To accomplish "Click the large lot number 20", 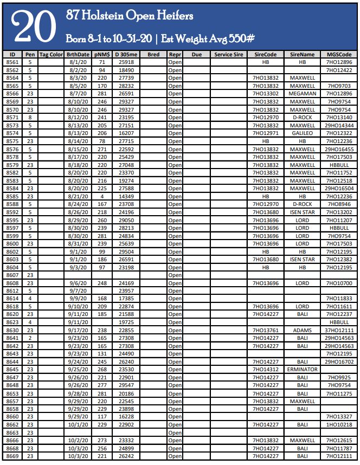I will pos(34,26).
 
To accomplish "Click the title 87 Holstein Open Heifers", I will pos(129,16).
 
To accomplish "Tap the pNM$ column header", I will pos(102,55).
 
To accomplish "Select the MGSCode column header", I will pos(339,55).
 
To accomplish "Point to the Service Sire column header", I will pos(229,55).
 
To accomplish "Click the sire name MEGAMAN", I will pos(302,94).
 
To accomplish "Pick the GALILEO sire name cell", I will pos(302,133).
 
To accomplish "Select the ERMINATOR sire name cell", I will pos(302,370).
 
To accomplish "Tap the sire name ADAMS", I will pos(302,330).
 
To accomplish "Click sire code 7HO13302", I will pos(266,94).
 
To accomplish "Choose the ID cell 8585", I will pos(12,196).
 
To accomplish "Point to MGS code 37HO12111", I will pos(339,330).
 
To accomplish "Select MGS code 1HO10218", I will pos(339,425).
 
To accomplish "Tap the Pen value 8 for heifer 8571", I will pos(30,117).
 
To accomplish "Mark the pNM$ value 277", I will pos(102,385).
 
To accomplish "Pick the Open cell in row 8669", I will pos(175,456).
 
